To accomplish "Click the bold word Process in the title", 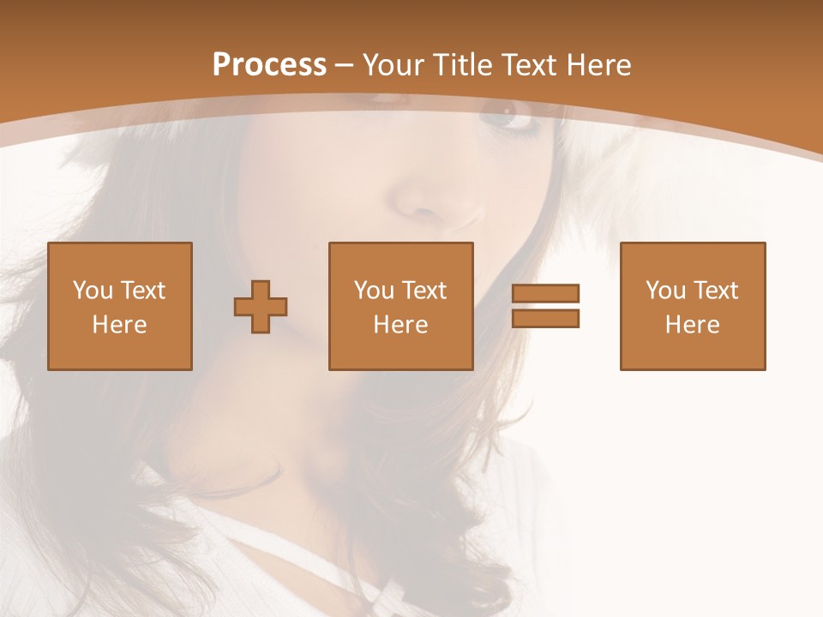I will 269,65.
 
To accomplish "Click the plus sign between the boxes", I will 261,307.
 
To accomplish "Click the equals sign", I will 545,306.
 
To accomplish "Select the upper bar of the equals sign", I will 545,294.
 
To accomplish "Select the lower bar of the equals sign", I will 545,318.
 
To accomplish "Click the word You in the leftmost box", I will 92,291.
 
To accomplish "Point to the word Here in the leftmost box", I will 120,325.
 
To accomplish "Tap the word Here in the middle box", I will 401,325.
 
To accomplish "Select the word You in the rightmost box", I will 664,291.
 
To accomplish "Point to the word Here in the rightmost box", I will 693,325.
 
